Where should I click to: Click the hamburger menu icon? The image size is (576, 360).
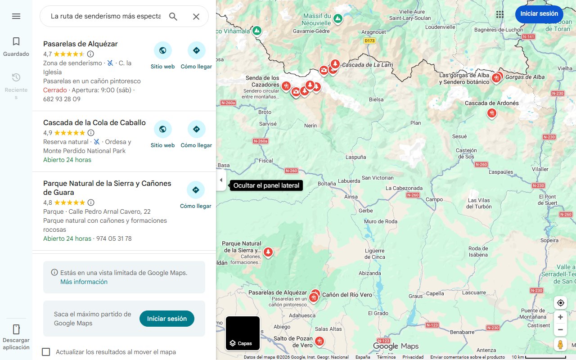(x=16, y=16)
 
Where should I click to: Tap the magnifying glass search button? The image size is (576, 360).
(x=173, y=17)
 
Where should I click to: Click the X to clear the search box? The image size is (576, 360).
(x=196, y=17)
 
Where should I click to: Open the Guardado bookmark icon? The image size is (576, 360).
(x=16, y=42)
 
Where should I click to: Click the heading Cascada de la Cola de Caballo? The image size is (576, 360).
(x=94, y=122)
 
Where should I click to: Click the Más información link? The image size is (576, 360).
(x=84, y=282)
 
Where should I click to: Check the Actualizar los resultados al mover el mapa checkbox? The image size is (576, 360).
(x=46, y=352)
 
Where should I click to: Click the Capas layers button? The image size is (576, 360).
(x=243, y=333)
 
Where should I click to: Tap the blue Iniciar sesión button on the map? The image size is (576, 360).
(x=539, y=14)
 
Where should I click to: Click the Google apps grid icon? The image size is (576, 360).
(x=499, y=14)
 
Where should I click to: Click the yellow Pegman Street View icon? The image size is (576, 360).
(x=560, y=345)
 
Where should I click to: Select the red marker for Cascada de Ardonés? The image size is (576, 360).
(x=491, y=113)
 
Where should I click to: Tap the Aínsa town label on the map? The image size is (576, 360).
(x=351, y=197)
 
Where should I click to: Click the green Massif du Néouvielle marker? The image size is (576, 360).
(x=337, y=19)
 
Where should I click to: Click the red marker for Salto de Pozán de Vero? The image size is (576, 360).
(x=319, y=341)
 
